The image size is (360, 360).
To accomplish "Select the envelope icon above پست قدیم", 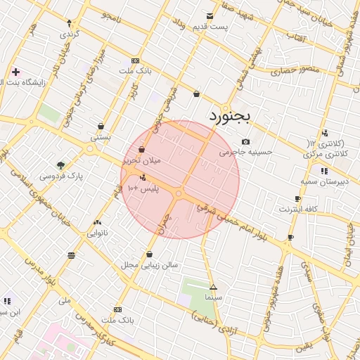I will (x=210, y=15).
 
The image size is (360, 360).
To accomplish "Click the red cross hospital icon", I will (x=15, y=72).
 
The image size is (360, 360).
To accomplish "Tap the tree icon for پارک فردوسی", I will (x=60, y=165).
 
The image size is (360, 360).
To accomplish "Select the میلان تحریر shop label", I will (x=142, y=160).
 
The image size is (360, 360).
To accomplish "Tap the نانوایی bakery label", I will (x=96, y=233).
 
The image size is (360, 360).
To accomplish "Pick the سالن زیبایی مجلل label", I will (x=150, y=265).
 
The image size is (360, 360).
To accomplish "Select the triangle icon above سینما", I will (x=213, y=287).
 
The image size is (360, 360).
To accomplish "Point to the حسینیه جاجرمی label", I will (x=245, y=152).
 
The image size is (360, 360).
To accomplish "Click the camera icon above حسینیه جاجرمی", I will (x=245, y=141).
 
